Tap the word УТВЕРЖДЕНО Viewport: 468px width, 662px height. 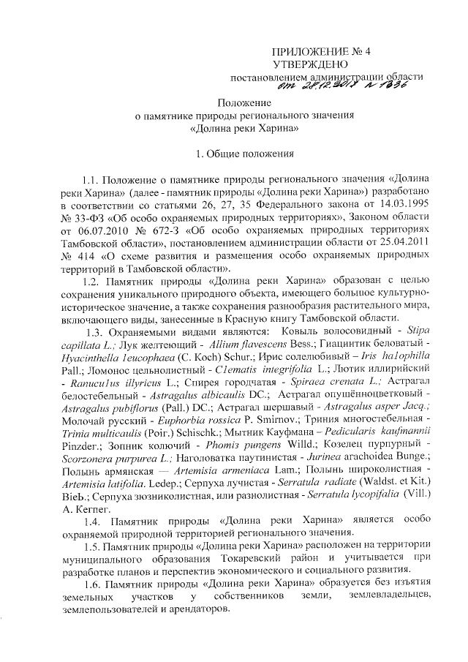317,65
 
